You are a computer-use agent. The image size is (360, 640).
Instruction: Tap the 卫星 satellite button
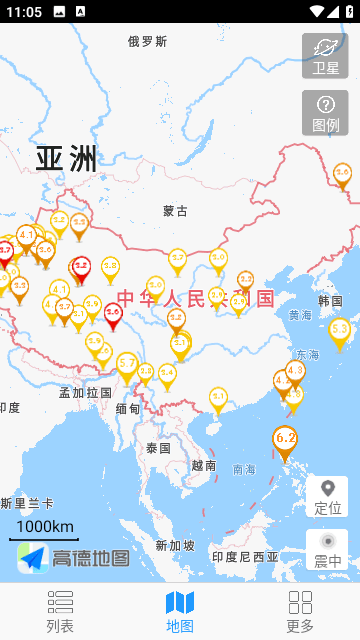point(325,56)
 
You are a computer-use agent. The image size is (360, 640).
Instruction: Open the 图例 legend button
point(325,113)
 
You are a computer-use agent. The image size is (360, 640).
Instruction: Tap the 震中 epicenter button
point(327,549)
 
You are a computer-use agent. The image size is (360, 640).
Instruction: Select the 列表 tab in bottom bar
point(60,611)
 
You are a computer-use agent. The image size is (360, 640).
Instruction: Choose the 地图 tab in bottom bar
point(180,611)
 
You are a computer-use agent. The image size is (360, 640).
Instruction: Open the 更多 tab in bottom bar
point(300,611)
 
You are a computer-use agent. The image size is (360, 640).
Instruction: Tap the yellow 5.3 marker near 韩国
point(340,329)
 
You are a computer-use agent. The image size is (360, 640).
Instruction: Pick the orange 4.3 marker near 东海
point(295,370)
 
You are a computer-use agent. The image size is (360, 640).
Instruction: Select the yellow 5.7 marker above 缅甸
point(127,364)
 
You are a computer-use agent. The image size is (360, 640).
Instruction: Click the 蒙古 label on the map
point(175,211)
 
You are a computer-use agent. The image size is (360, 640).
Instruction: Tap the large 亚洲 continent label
point(67,158)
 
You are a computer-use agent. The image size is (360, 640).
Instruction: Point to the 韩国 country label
point(330,300)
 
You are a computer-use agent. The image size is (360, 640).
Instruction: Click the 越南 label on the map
point(204,465)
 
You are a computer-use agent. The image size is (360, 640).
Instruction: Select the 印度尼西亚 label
point(244,557)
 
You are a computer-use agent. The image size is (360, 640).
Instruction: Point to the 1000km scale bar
point(45,528)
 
